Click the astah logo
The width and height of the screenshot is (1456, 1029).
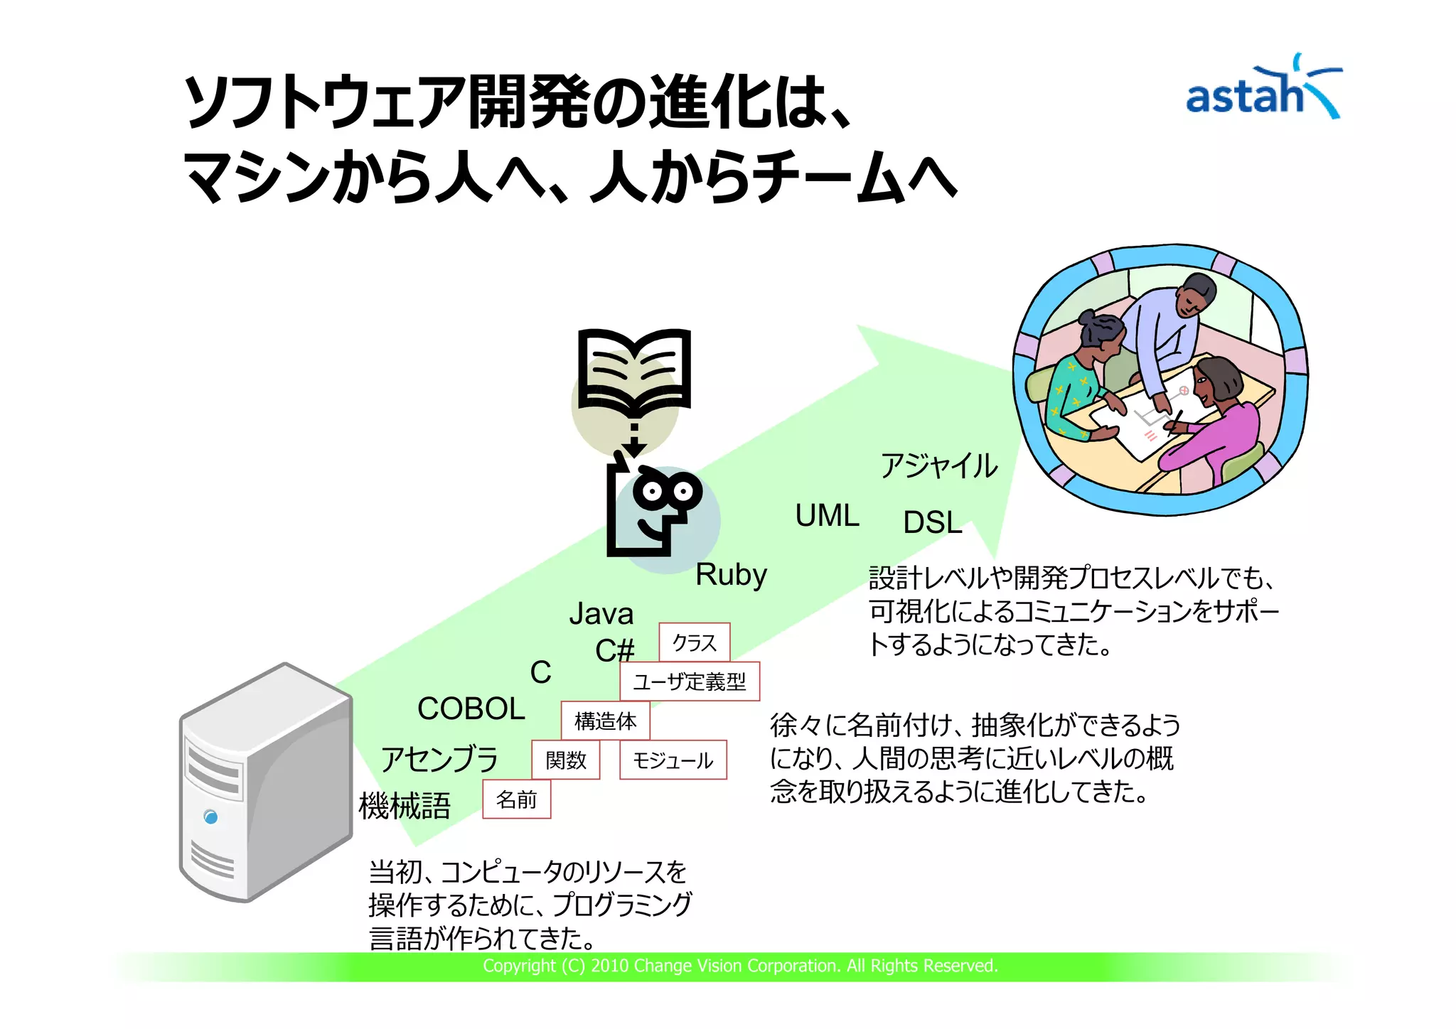pos(1262,89)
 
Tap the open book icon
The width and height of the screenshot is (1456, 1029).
pos(634,371)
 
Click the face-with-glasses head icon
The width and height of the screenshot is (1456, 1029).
pos(654,510)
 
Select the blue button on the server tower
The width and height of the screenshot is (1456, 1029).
pos(210,817)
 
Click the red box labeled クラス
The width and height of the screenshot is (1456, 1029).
pos(694,642)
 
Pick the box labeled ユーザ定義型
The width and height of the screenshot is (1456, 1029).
pos(690,681)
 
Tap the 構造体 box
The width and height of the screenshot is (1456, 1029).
pos(605,721)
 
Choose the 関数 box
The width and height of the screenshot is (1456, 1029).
pos(566,760)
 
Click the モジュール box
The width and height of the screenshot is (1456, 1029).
pos(673,760)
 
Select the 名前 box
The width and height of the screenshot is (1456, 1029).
pos(516,799)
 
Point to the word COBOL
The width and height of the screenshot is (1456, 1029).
pos(471,709)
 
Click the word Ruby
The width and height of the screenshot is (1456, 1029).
pos(731,575)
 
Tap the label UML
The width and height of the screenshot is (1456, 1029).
pos(827,515)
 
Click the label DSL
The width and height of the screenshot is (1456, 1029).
pos(932,522)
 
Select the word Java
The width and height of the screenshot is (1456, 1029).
pos(601,613)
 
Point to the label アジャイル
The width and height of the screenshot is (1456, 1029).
pos(938,465)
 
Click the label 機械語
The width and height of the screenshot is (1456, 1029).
pos(405,806)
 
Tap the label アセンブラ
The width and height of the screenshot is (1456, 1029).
pos(439,758)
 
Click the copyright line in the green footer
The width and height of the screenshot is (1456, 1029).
pos(740,966)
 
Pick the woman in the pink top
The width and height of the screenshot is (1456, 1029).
pos(1217,423)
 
